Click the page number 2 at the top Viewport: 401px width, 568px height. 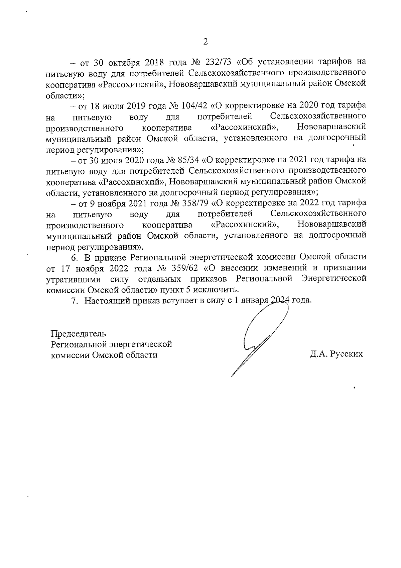[x=206, y=42]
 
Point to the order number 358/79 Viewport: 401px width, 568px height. [x=195, y=203]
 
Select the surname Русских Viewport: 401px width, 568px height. [x=346, y=354]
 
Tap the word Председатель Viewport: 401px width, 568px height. [x=79, y=334]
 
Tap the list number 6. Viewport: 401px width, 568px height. [x=75, y=257]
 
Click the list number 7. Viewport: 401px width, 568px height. [x=75, y=300]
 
